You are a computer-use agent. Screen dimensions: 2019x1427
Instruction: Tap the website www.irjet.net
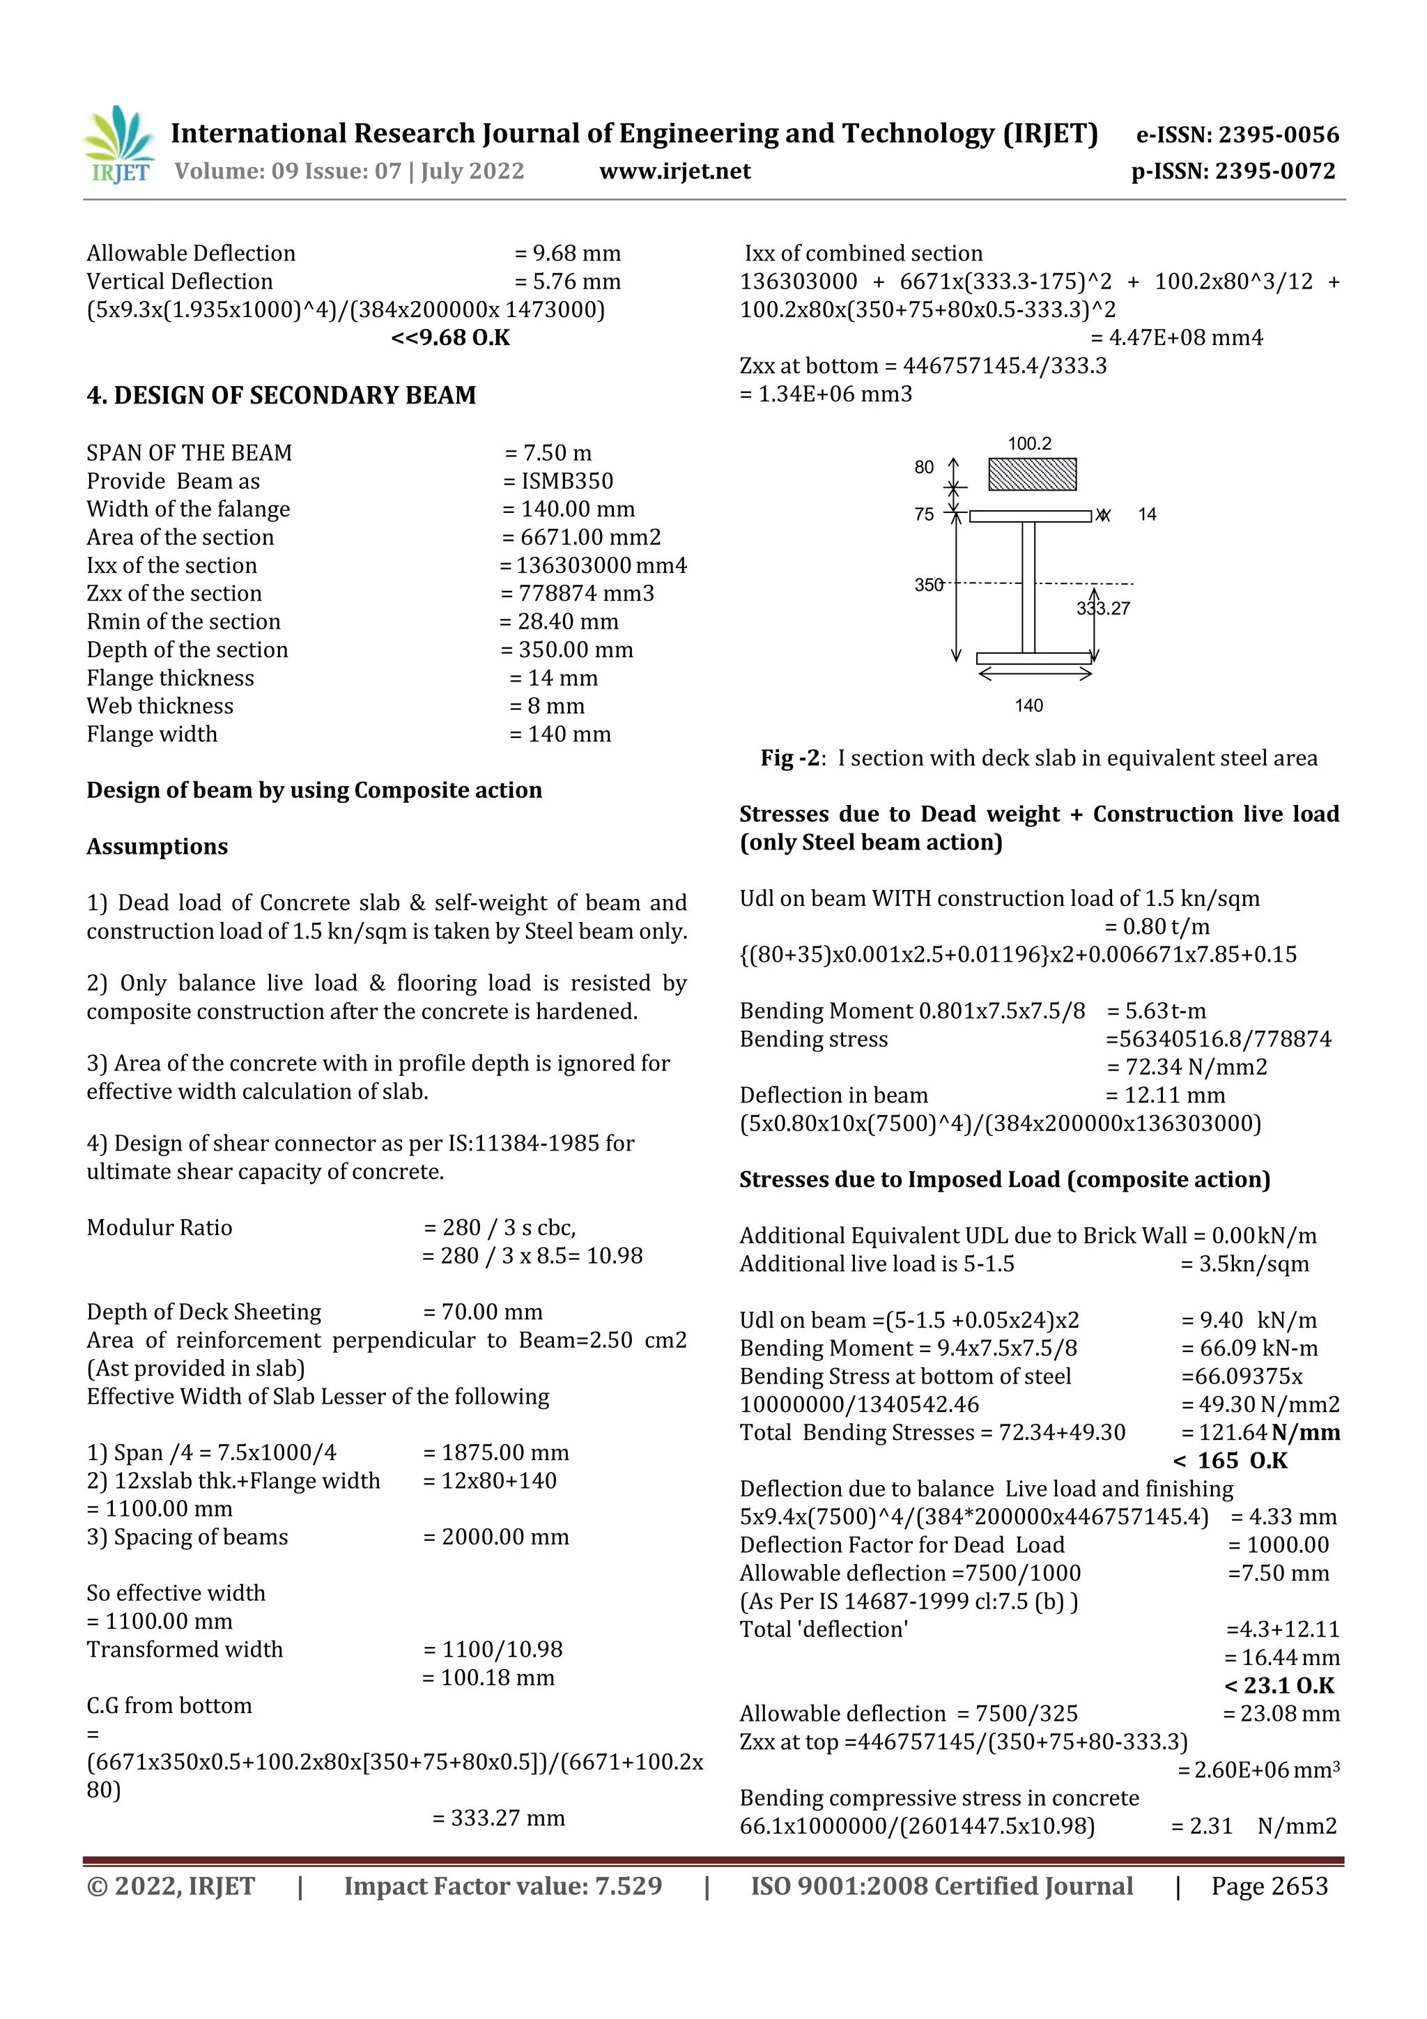tap(674, 171)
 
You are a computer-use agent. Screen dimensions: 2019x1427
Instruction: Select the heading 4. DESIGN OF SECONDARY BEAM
tap(281, 396)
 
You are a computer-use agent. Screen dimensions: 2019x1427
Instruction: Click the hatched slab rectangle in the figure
tap(1031, 474)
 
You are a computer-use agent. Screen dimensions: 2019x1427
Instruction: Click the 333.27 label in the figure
tap(1104, 608)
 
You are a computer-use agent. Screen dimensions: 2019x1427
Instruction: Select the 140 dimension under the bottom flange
tap(1028, 705)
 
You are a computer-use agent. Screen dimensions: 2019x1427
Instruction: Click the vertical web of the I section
tap(1028, 588)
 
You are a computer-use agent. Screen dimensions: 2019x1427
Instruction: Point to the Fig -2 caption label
tap(792, 758)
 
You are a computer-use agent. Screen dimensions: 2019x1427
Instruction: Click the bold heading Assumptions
tap(157, 847)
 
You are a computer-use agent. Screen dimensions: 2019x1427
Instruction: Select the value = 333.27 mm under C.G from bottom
tap(498, 1818)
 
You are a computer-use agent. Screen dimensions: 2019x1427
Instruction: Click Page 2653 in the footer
tap(1269, 1886)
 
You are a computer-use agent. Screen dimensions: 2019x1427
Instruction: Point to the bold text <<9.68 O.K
tap(450, 338)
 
